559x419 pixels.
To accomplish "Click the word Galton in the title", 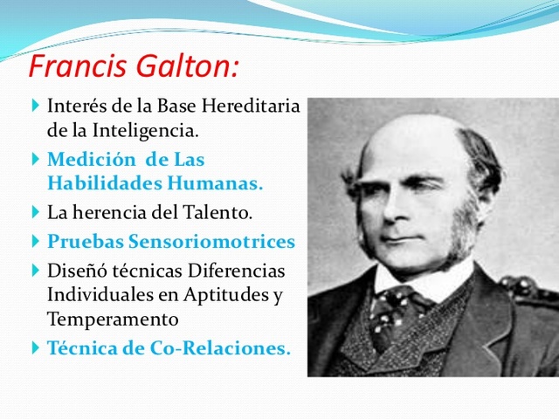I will click(x=187, y=66).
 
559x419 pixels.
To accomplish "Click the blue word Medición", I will click(x=85, y=161).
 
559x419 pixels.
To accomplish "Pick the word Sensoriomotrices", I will click(x=221, y=241).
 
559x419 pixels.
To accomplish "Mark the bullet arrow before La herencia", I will click(x=35, y=211).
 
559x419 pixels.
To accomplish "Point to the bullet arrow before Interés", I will click(x=35, y=106).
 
